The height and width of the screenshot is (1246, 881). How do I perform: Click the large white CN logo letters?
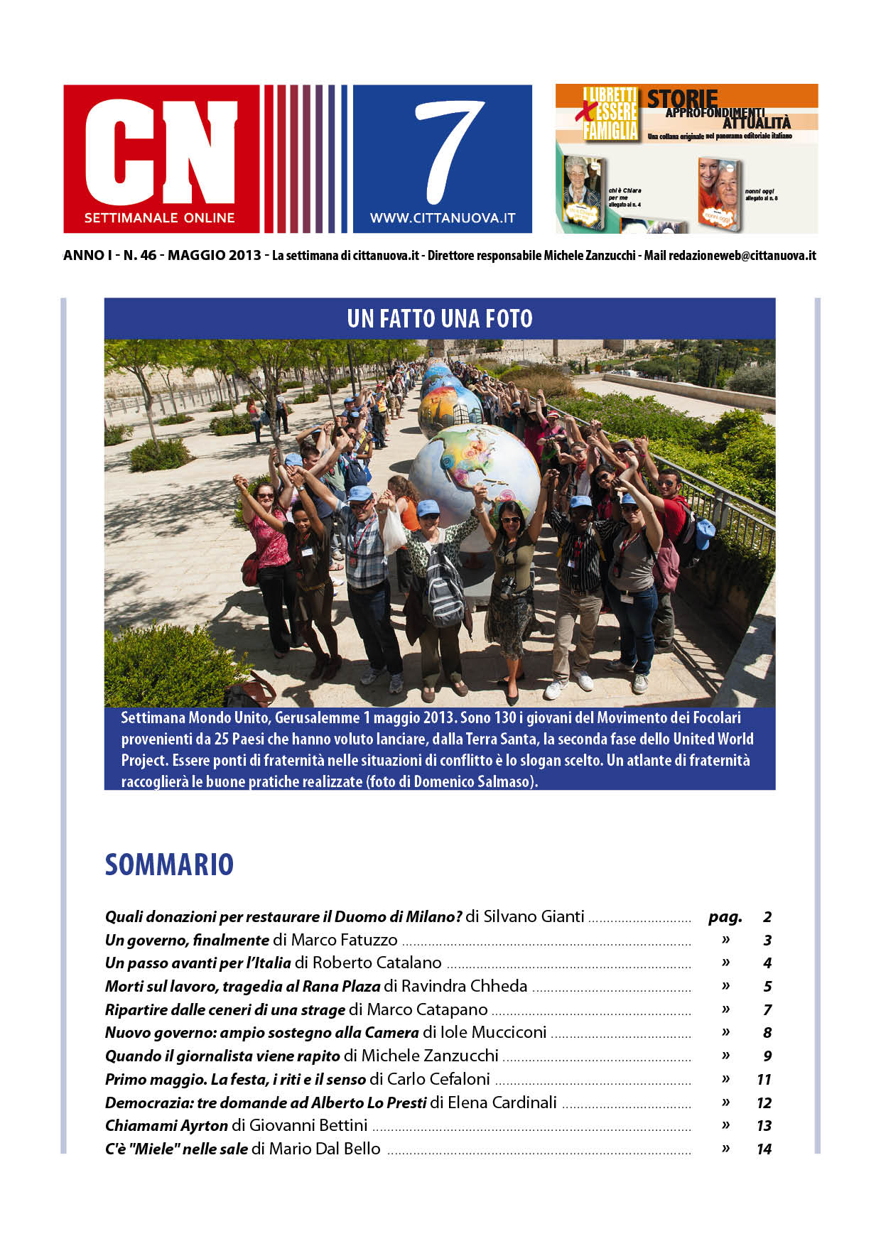coord(161,151)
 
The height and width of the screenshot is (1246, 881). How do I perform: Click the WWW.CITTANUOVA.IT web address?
coord(442,219)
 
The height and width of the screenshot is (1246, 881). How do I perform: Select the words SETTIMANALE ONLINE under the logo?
coord(159,218)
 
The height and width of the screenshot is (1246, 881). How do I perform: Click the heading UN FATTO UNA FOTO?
coord(440,318)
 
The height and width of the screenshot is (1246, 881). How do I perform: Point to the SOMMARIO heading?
coord(169,865)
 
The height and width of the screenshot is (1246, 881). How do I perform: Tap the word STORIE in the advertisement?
coord(681,99)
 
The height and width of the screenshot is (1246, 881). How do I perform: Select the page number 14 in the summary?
coord(764,1149)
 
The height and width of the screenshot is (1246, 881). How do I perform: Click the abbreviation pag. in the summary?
coord(725,917)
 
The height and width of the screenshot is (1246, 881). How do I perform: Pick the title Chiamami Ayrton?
coord(166,1126)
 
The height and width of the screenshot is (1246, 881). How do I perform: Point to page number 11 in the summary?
coord(764,1080)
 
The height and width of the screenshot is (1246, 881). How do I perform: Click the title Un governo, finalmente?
coord(187,941)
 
